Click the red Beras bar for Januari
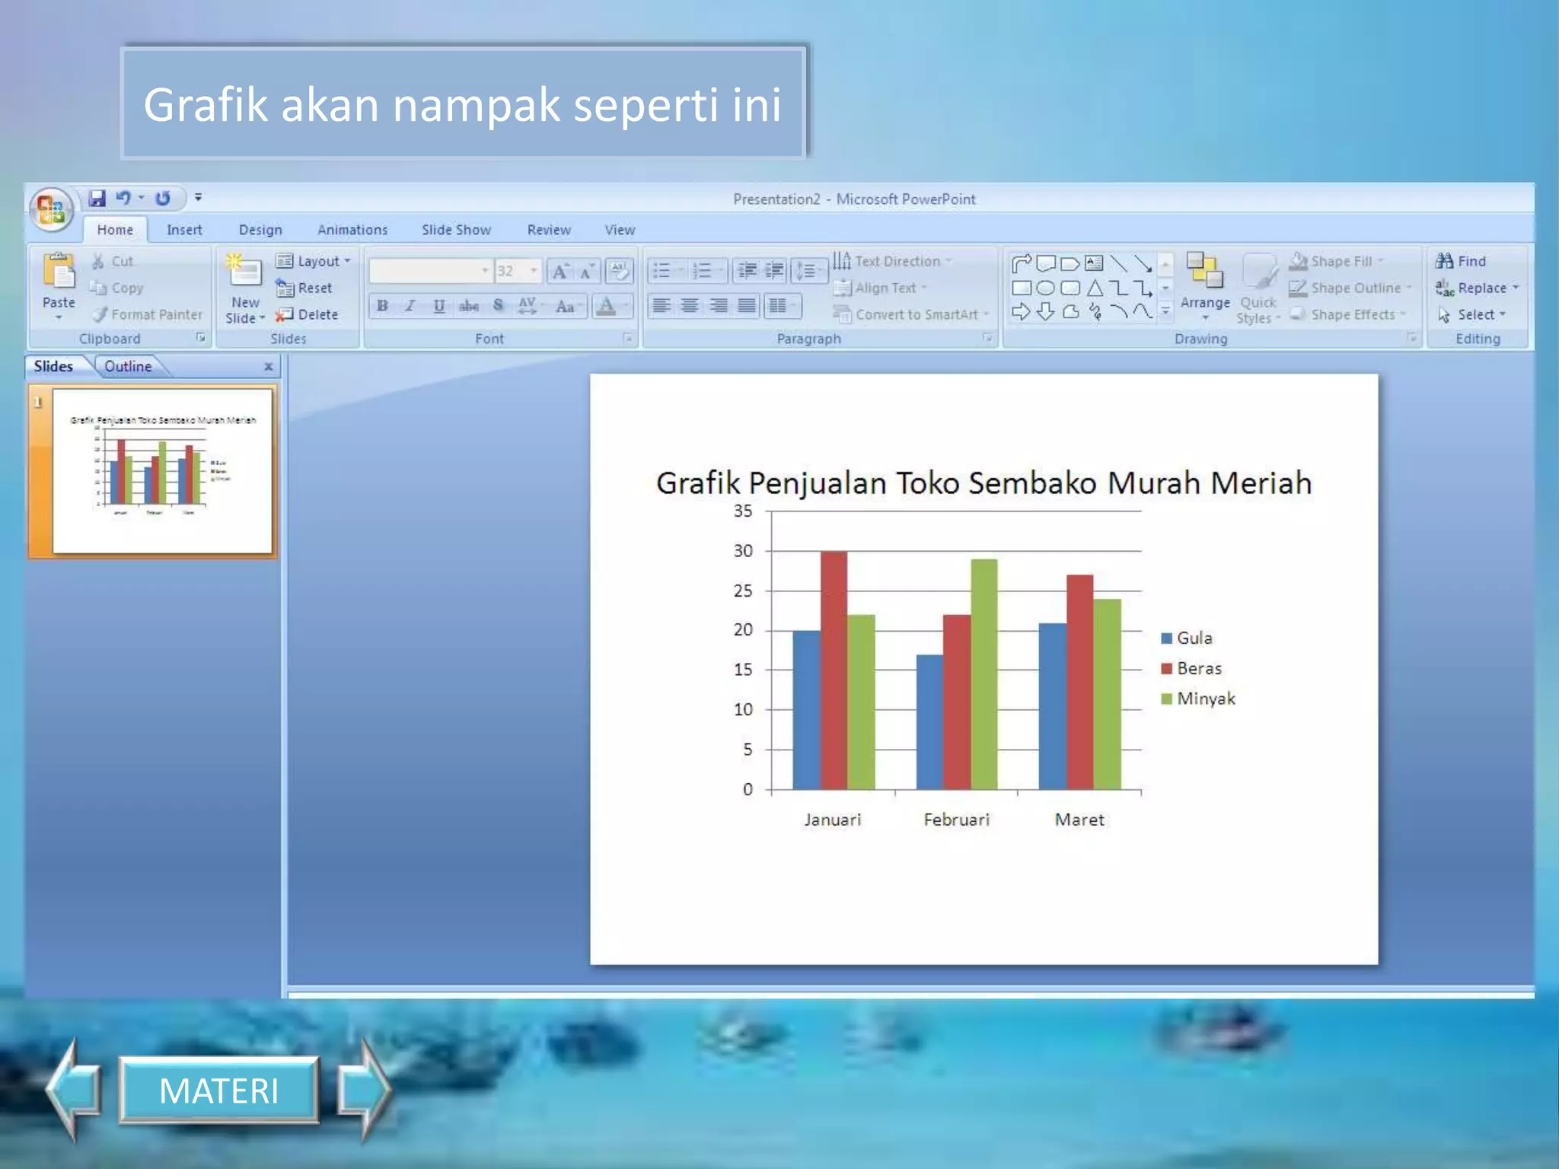tap(834, 670)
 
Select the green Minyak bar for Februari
tap(984, 674)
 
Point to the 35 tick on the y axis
tap(743, 511)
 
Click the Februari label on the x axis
tap(956, 820)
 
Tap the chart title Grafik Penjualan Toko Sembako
tap(984, 483)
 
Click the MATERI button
tap(219, 1091)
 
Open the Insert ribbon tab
tap(184, 230)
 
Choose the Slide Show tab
tap(456, 230)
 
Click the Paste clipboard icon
tap(59, 273)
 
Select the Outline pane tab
tap(128, 366)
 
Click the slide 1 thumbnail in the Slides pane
tap(161, 470)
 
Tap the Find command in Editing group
tap(1462, 261)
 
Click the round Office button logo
tap(51, 209)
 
